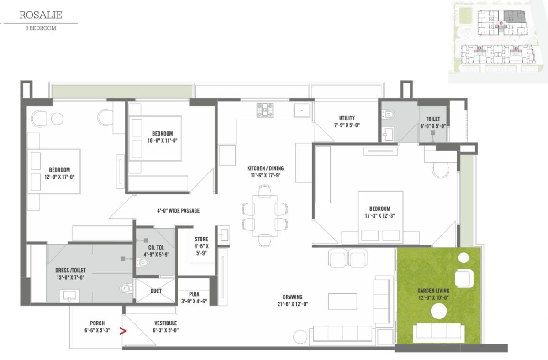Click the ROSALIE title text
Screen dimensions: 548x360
[41, 15]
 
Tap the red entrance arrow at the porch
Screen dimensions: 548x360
[123, 331]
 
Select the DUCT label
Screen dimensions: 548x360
[156, 291]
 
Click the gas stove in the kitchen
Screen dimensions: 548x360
[265, 110]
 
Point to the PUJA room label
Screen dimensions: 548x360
[194, 294]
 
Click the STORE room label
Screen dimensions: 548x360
[201, 239]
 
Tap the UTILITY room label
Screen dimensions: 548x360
[347, 118]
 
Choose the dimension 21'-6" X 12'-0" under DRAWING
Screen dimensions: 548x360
[293, 304]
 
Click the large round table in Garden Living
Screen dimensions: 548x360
[439, 311]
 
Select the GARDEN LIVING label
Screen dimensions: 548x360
[433, 291]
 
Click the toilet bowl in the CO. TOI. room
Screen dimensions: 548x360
[142, 262]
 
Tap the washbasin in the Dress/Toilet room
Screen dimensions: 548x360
[69, 296]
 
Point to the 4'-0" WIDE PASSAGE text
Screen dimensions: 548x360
[179, 211]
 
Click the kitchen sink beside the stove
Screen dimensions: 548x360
[302, 110]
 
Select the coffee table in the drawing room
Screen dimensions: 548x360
[342, 302]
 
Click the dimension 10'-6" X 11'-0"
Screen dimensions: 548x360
[163, 141]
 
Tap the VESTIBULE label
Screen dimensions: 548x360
[166, 323]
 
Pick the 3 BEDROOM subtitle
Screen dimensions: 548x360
[41, 28]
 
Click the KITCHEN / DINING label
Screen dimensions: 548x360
[265, 168]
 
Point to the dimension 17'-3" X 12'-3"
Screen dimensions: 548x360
[380, 216]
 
